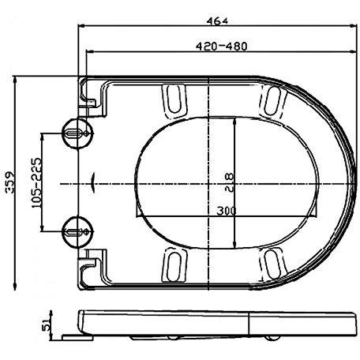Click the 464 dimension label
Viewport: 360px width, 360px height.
coord(217,21)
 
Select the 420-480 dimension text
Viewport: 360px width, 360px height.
coord(222,47)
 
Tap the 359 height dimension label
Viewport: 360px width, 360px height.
coord(10,182)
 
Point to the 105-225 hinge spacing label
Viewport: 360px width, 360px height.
coord(36,182)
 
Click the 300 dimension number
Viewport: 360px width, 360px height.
coord(227,211)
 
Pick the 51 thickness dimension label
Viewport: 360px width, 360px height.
coord(45,325)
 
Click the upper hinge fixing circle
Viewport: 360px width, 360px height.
coord(77,133)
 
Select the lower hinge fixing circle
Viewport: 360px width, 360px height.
coord(77,232)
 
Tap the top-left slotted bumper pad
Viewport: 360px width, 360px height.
coord(174,101)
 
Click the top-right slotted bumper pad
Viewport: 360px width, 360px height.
coord(273,101)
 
